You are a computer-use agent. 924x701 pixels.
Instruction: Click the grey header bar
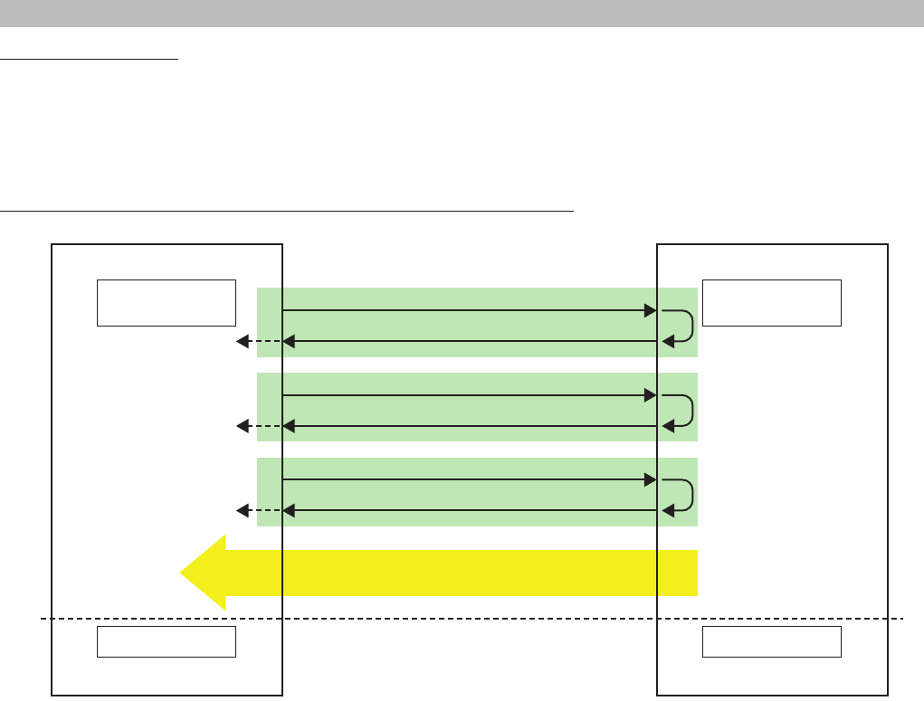[x=462, y=13]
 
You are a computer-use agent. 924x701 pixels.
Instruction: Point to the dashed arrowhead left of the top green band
[x=243, y=341]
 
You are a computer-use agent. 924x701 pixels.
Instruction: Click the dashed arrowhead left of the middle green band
[x=243, y=426]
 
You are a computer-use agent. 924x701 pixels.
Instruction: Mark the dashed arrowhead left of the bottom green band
[x=243, y=511]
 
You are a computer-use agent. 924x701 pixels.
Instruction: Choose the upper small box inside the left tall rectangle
[x=166, y=302]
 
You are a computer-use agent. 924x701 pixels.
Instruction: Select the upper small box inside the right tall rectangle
[x=772, y=302]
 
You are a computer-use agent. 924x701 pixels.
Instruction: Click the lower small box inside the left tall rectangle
[x=166, y=641]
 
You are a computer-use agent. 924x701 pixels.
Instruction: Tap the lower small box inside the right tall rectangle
[x=772, y=641]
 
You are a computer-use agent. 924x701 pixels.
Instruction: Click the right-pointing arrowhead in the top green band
[x=650, y=310]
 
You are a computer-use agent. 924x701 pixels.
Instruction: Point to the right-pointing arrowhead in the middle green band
[x=650, y=395]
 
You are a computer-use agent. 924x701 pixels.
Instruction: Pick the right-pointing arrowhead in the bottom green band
[x=650, y=480]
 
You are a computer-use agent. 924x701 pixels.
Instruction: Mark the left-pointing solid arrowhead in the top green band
[x=289, y=341]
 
